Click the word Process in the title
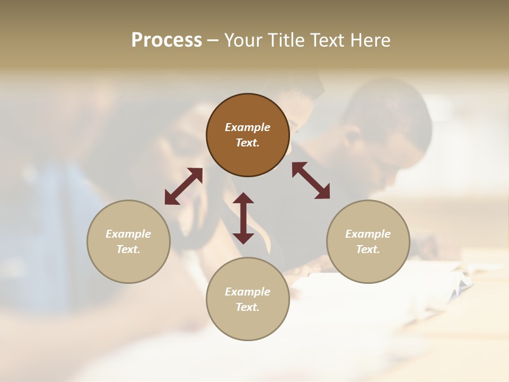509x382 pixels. (x=166, y=40)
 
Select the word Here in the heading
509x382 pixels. (x=371, y=40)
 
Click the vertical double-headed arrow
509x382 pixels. (x=243, y=218)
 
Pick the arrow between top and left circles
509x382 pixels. (x=183, y=186)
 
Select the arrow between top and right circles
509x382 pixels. (x=311, y=180)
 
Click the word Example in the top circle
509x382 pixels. (x=248, y=127)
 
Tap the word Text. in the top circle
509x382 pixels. (x=248, y=143)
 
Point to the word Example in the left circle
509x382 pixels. (x=128, y=234)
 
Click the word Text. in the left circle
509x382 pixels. (x=128, y=249)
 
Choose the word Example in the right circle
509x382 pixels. (x=368, y=234)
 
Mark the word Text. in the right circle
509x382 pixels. (x=368, y=249)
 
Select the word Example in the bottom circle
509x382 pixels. (x=248, y=292)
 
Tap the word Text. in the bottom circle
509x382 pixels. (x=248, y=307)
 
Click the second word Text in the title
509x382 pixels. (x=326, y=40)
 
